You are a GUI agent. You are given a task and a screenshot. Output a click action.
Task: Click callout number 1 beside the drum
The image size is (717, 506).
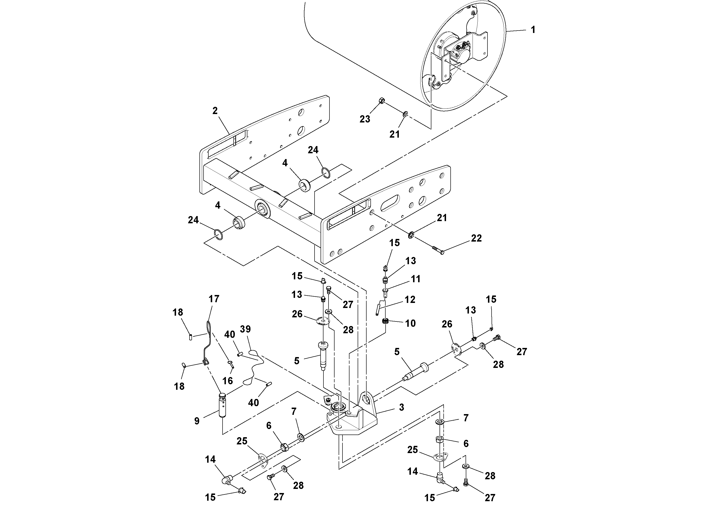pos(533,30)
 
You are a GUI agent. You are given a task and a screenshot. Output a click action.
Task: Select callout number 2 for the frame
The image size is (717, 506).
pos(215,111)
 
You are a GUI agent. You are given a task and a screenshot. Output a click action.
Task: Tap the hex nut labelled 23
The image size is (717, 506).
pos(381,101)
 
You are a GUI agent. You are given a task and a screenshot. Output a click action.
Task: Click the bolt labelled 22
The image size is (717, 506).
pos(437,250)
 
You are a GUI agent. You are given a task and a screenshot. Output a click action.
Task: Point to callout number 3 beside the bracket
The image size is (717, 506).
pos(401,407)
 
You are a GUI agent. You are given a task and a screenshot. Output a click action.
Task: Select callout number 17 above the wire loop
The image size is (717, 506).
pos(214,299)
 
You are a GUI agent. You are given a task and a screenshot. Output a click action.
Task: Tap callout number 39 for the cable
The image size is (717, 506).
pos(245,329)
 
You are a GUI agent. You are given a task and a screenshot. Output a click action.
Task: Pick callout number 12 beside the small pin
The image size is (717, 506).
pos(410,300)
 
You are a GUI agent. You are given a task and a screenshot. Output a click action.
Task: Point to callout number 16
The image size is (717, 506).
pos(228,381)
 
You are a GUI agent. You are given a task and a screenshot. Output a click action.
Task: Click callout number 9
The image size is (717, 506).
pos(197,421)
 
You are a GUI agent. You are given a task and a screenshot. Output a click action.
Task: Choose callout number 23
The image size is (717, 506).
pos(365,119)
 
